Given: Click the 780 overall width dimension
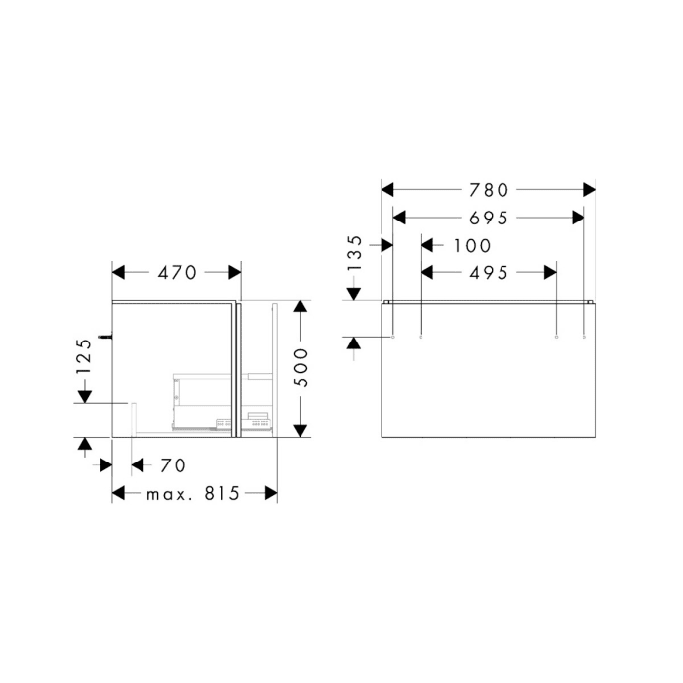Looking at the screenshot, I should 488,189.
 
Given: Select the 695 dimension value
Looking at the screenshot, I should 488,218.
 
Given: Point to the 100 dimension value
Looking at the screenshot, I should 472,246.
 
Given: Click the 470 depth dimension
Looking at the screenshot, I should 178,273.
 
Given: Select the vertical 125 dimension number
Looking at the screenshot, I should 85,357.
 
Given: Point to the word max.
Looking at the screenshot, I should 172,494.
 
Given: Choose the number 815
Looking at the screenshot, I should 222,494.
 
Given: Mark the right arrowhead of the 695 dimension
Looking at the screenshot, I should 578,218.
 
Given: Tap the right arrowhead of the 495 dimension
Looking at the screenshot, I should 549,274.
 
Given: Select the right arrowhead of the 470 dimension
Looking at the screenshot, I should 234,273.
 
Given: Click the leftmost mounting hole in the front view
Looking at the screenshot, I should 392,337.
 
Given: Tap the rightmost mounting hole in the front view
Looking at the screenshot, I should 583,337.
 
